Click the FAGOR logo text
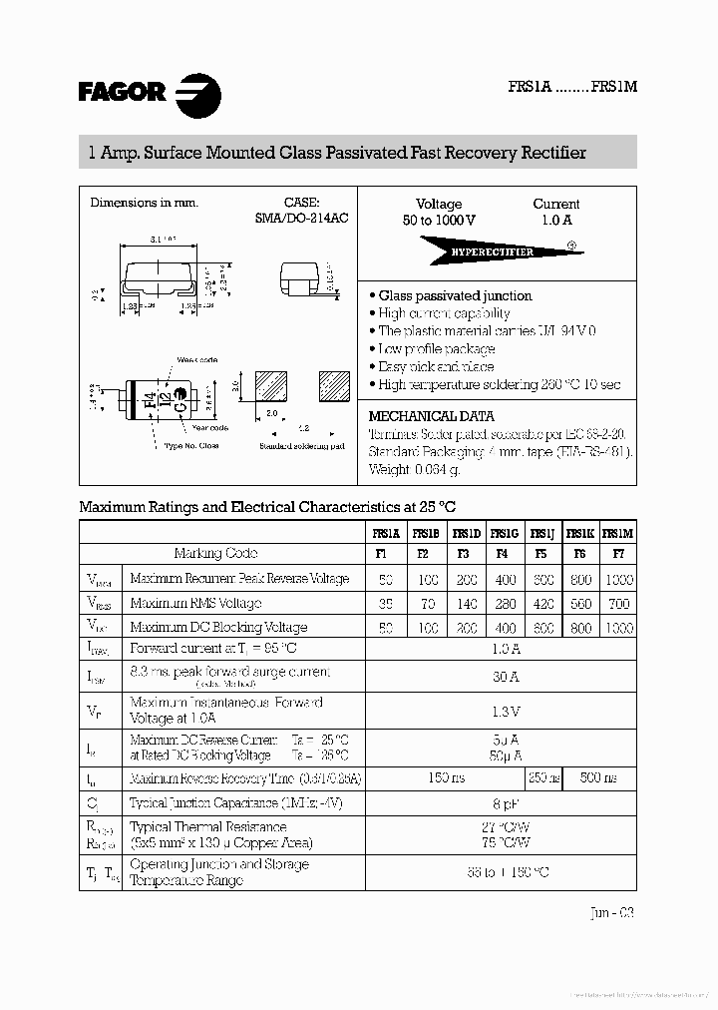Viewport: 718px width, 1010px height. coord(122,93)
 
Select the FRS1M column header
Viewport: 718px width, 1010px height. coord(618,534)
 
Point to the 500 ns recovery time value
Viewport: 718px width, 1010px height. coord(597,777)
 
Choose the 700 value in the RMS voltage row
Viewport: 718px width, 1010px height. coord(618,603)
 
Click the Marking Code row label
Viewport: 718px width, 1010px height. coord(215,553)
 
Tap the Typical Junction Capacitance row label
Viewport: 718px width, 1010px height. coord(225,803)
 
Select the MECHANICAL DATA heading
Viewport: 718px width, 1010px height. coord(431,416)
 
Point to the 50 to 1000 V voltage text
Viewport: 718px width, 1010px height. coord(439,220)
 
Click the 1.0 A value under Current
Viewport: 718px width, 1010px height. coord(556,220)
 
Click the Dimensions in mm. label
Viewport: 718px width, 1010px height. coord(144,203)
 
